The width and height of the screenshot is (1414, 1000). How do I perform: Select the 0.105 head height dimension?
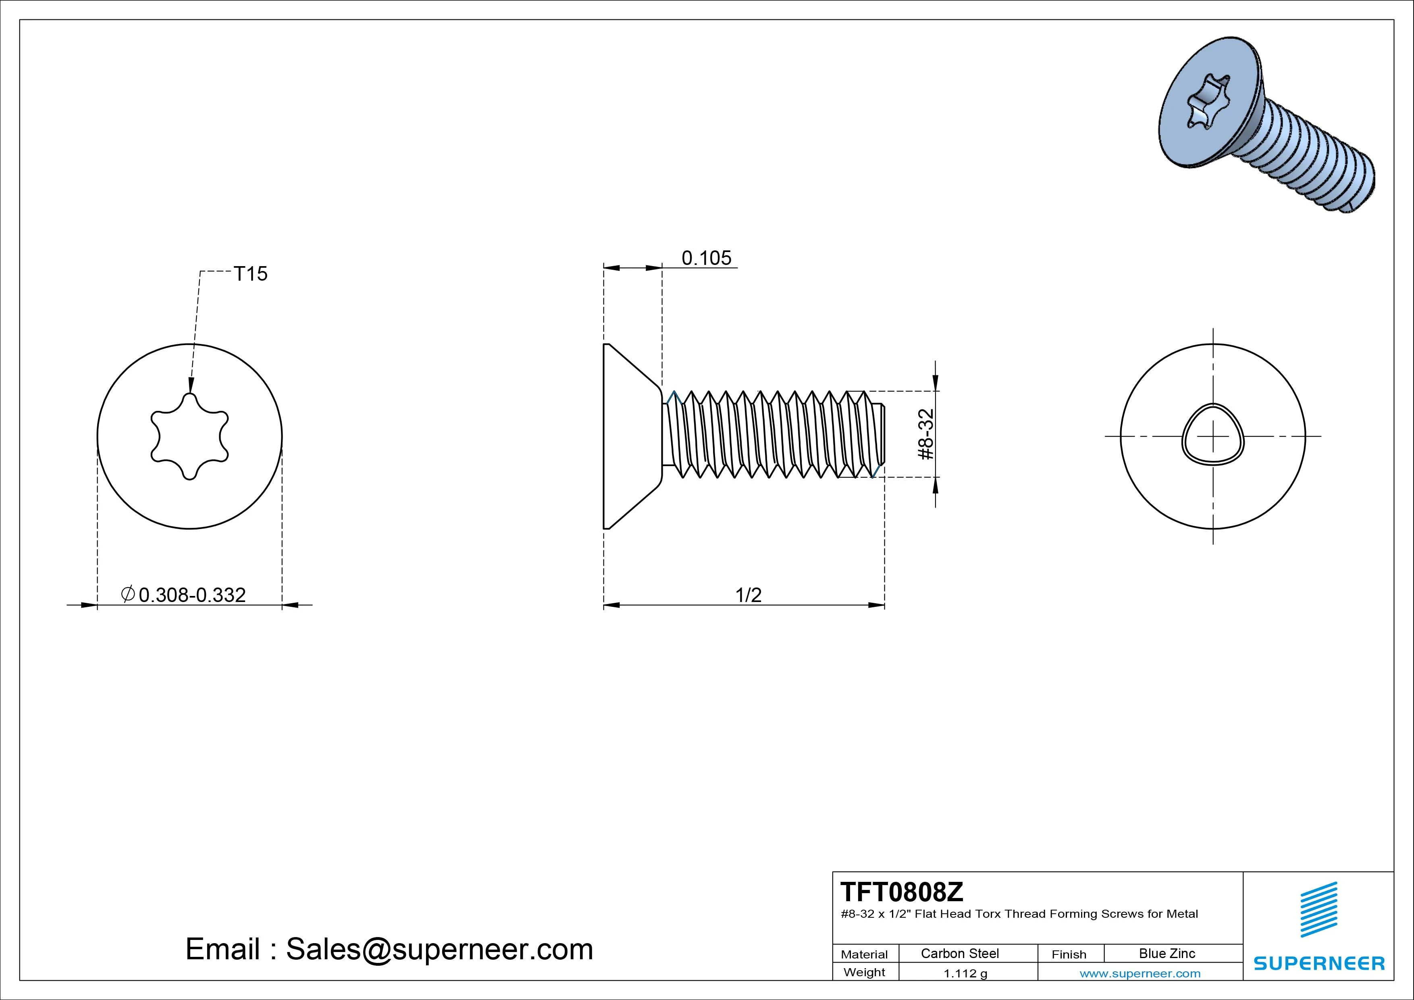706,258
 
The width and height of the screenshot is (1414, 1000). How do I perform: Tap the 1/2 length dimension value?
748,595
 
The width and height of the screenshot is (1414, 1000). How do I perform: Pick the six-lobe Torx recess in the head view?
190,436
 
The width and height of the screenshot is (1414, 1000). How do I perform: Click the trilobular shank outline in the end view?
1212,436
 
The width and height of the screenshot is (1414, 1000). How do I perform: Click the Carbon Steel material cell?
959,954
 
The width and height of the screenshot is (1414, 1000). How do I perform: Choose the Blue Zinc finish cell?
1167,954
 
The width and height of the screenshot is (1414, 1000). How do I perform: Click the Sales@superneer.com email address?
439,950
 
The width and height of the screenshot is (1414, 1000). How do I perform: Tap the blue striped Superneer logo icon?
1318,909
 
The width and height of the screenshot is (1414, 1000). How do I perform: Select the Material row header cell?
864,954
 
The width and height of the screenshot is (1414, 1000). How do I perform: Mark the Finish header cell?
1069,954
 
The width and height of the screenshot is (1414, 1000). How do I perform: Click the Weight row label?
864,972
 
